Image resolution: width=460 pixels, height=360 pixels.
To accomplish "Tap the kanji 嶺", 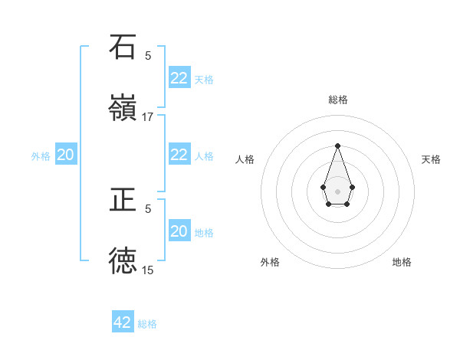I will (123, 108).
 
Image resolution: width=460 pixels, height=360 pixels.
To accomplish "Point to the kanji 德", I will (123, 260).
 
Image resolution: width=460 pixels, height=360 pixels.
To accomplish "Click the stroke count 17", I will (148, 117).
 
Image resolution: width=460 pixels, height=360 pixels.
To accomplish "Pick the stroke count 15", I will (148, 270).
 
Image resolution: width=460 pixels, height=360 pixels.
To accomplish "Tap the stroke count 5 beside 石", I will (148, 55).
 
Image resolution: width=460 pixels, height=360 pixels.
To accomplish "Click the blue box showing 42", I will (123, 322).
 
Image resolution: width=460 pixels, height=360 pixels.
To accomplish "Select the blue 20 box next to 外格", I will (66, 155).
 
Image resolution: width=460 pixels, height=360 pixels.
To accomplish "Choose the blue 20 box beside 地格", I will (179, 231).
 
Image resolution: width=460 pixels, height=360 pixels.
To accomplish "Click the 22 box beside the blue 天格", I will (179, 78).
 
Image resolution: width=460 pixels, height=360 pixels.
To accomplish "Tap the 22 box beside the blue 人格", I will (179, 155).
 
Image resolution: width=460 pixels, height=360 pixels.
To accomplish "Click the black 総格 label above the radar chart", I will (338, 100).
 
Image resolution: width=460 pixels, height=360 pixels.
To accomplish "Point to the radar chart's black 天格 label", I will (432, 159).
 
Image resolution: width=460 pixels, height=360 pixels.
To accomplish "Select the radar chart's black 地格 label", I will (402, 262).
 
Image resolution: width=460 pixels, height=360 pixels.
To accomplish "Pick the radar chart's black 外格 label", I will (270, 262).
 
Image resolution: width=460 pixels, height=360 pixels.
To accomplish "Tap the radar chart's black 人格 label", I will (245, 159).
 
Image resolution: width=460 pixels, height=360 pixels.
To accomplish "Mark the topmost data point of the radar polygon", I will (337, 146).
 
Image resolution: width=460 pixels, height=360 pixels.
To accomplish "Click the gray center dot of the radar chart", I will (337, 190).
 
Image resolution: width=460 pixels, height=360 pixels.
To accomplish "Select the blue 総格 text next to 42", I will (147, 324).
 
